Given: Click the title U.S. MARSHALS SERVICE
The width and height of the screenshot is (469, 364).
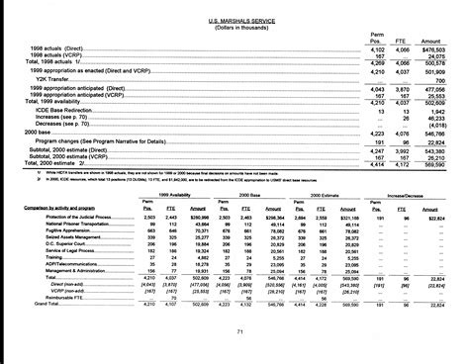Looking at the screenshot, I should point(234,21).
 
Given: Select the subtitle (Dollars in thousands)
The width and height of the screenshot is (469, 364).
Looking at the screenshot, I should point(234,29).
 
